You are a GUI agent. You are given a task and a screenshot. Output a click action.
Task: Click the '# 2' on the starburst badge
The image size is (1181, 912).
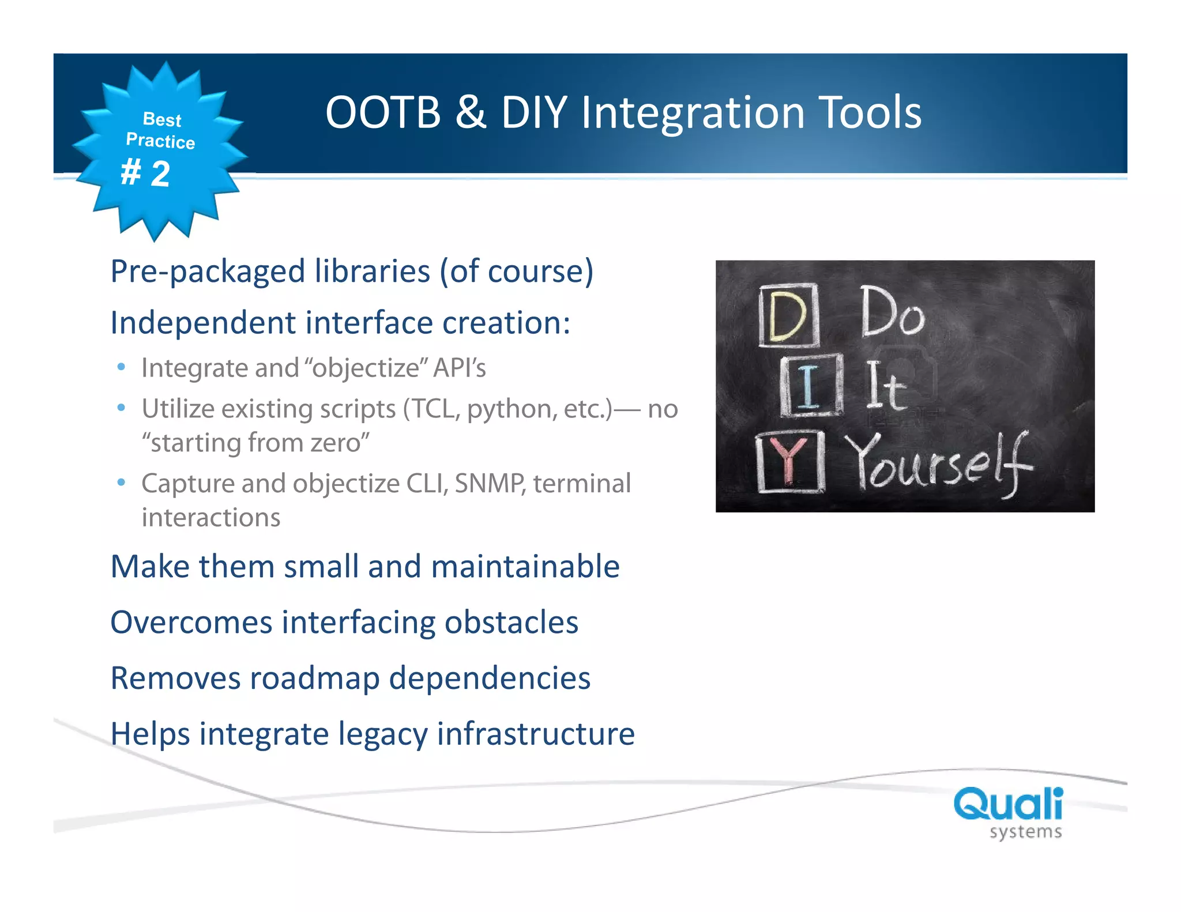pyautogui.click(x=145, y=173)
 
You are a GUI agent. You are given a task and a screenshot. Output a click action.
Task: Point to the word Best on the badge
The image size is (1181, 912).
pyautogui.click(x=162, y=119)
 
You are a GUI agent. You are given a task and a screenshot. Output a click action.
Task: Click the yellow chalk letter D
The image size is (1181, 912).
pyautogui.click(x=788, y=315)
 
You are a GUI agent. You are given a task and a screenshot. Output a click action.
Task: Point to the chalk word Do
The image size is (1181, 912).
pyautogui.click(x=892, y=312)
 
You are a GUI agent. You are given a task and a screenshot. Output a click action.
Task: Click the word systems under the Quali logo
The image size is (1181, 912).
pyautogui.click(x=1025, y=832)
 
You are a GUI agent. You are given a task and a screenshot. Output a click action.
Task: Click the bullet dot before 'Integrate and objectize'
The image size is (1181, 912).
pyautogui.click(x=121, y=367)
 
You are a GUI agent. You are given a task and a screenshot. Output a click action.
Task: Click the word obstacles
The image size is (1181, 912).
pyautogui.click(x=511, y=623)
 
